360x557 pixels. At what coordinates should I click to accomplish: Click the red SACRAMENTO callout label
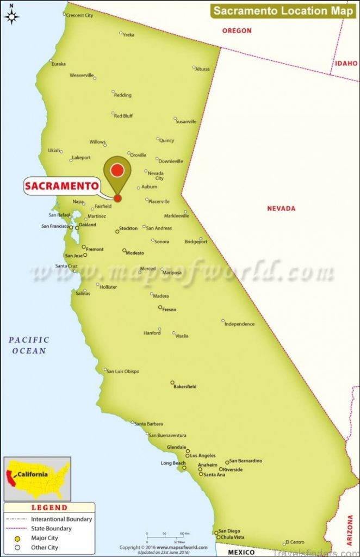61,186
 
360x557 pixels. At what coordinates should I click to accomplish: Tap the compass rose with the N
11,16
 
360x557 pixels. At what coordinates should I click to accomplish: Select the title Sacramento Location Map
283,10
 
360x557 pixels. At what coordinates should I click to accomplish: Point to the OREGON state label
237,31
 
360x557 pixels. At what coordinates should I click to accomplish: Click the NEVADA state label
281,208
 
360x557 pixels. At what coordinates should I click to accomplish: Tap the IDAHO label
346,64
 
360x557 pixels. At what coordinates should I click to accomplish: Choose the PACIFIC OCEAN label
29,345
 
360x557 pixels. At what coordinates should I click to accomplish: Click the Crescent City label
79,16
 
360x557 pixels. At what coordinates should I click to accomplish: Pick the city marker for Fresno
160,307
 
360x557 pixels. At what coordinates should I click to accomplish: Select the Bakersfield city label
185,387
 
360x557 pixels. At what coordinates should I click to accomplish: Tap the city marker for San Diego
216,531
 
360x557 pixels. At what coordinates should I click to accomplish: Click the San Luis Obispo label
123,372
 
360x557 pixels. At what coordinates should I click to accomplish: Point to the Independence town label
239,324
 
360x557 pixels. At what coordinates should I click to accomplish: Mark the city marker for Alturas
194,67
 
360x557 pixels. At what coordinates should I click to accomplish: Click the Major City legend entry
45,537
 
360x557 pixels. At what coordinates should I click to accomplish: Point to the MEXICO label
241,552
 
